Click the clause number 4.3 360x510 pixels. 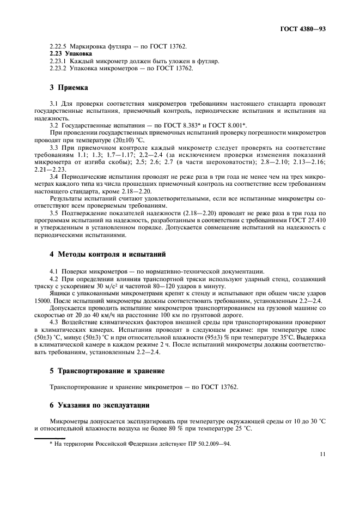point(54,321)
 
